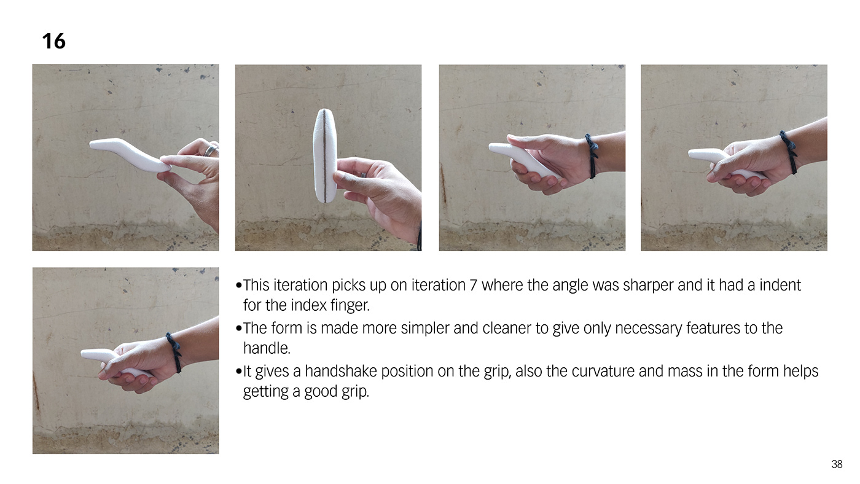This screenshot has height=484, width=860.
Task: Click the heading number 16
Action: coord(54,41)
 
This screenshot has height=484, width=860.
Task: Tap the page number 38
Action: coord(837,464)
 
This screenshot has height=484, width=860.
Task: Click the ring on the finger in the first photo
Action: coord(210,150)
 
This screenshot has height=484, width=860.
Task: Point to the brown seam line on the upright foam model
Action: coord(324,155)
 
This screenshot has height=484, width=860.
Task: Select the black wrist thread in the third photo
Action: coord(592,155)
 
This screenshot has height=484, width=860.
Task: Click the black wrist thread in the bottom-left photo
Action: coord(174,353)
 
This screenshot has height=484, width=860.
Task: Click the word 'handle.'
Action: coord(267,348)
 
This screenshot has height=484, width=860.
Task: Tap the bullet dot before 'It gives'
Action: coord(239,371)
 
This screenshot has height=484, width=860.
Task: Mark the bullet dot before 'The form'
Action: coord(239,328)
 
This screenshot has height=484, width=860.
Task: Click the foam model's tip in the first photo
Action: coord(92,145)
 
